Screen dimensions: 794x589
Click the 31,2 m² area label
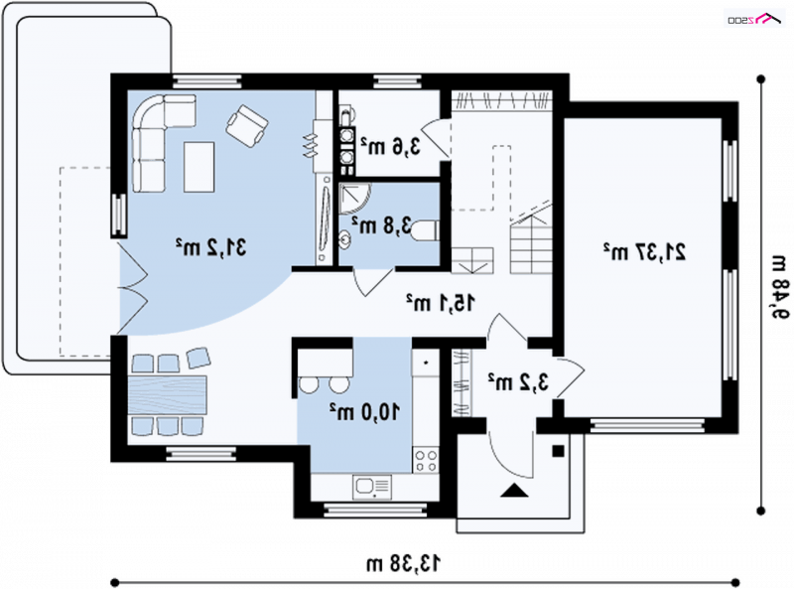coord(211,247)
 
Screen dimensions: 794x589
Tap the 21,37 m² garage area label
coord(644,251)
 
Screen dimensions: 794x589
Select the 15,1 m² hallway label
coord(441,303)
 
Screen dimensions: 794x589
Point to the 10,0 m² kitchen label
coord(364,411)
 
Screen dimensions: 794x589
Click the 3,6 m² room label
coord(390,146)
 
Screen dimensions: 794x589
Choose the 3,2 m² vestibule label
coord(518,381)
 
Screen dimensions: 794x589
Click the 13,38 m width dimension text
coord(404,562)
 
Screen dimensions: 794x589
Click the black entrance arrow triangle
coord(514,490)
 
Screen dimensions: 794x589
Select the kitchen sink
coord(372,487)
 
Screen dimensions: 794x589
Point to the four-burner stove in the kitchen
coord(426,460)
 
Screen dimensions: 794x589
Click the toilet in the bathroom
coord(425,230)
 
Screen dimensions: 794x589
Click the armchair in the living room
coord(247,126)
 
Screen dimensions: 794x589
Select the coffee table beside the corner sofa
coord(199,167)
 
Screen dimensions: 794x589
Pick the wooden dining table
coord(168,395)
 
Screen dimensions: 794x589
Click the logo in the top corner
coord(754,19)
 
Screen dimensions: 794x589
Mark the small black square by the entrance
coord(558,451)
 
